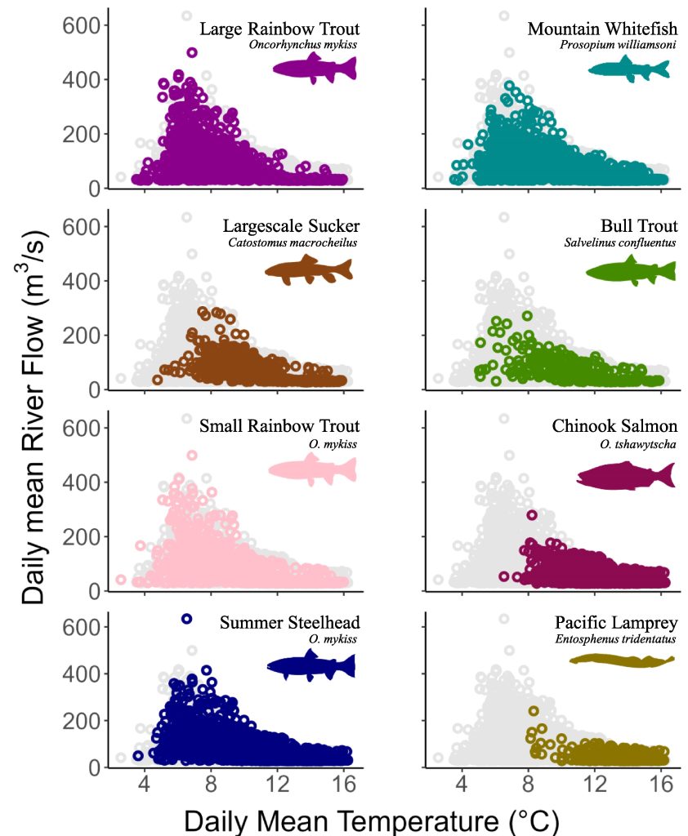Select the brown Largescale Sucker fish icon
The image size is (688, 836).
[309, 270]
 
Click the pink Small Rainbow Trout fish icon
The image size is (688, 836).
[313, 469]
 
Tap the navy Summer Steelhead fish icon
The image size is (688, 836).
[311, 666]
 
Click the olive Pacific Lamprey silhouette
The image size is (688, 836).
[622, 660]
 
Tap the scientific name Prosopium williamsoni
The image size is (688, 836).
[618, 45]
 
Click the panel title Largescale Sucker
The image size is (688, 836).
[292, 225]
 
